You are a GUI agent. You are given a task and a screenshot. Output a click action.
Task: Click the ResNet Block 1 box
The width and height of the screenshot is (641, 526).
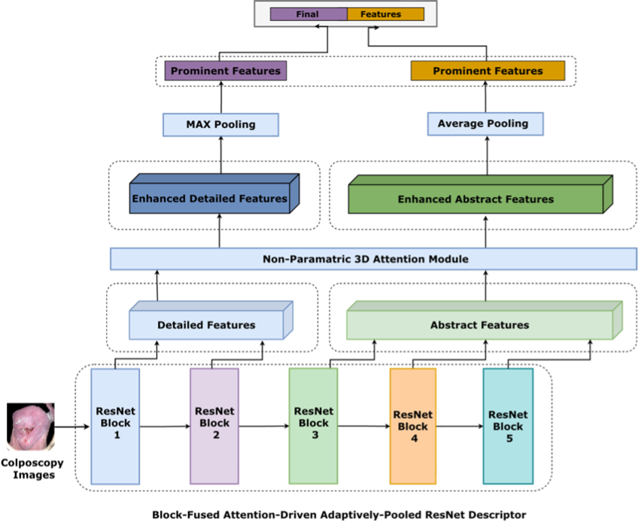116,426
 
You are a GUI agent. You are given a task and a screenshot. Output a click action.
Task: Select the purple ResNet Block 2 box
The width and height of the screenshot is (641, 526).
214,426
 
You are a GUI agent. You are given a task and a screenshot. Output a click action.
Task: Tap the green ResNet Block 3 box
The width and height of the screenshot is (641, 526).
314,425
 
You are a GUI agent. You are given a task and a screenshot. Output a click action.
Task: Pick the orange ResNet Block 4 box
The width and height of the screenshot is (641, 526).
413,426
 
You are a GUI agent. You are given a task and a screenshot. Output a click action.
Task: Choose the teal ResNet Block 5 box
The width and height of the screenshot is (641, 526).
508,426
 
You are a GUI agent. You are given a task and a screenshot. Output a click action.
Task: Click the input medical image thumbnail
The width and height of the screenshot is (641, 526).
31,427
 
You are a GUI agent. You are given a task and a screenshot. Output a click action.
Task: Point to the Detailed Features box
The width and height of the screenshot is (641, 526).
206,325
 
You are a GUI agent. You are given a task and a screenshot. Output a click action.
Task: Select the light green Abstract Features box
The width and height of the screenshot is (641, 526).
479,325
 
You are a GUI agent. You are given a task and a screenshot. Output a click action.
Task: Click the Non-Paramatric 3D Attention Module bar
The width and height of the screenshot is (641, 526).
373,259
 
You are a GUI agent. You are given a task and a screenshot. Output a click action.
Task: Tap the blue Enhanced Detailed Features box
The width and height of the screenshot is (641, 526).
210,199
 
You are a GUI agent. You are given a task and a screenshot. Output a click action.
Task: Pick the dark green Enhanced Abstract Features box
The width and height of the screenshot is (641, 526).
475,199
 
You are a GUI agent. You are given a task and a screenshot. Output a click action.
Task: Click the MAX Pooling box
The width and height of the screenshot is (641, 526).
221,125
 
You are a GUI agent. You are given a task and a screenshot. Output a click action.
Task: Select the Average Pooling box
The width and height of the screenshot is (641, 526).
485,124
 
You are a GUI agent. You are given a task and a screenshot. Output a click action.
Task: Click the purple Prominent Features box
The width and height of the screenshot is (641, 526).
226,71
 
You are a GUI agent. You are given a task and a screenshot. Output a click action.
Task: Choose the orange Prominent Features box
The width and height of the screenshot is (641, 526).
488,71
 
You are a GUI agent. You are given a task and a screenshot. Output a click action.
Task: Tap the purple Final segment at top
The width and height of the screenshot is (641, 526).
308,14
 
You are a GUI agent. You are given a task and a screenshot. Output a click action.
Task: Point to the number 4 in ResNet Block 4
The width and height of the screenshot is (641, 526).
414,438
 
